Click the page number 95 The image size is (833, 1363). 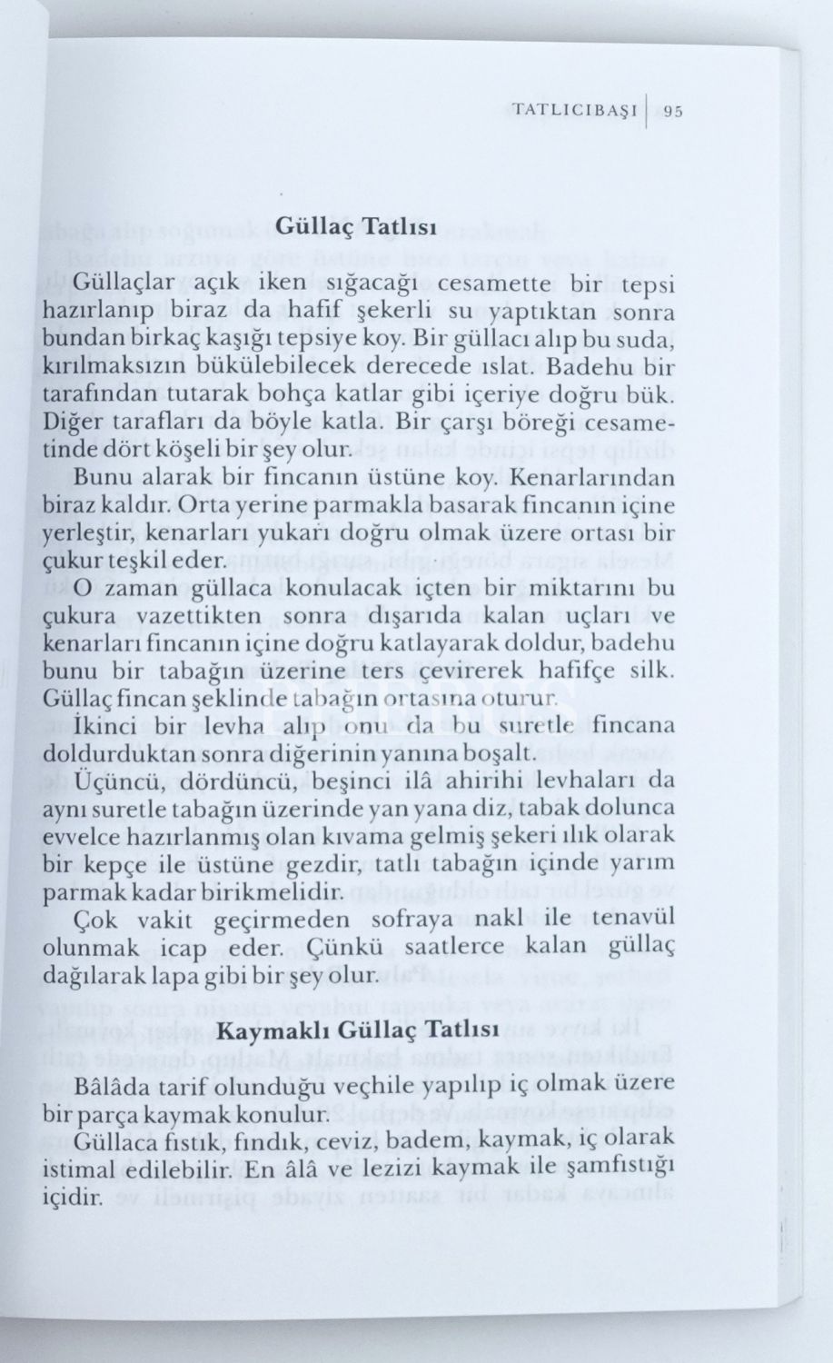(673, 112)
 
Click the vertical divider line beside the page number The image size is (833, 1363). (646, 111)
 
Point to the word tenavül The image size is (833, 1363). (636, 919)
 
